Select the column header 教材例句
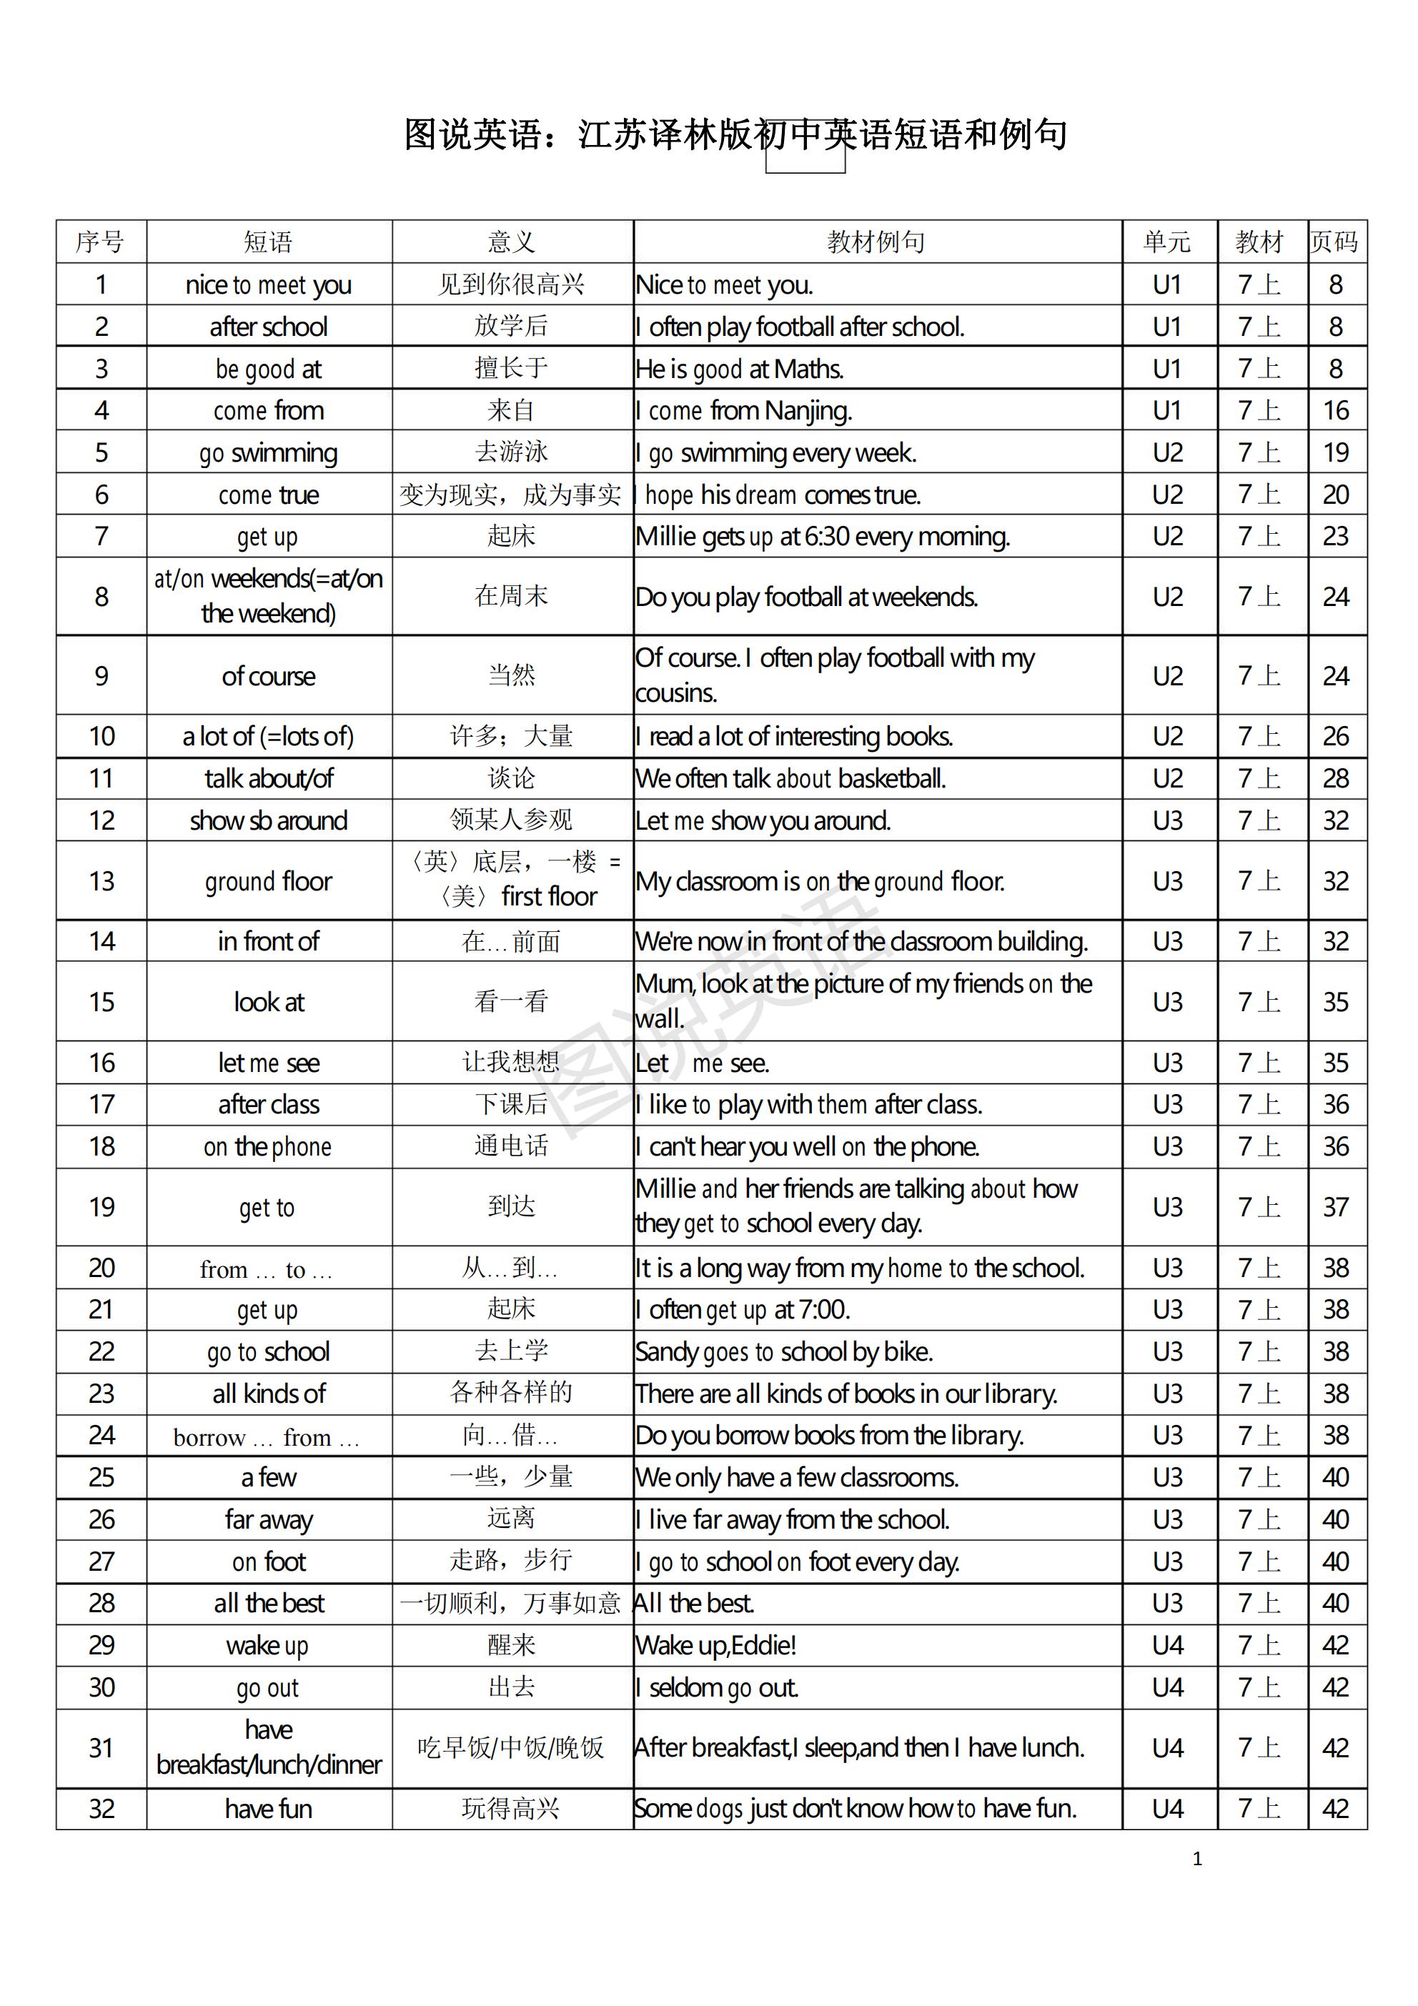tap(876, 242)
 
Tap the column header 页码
tap(1335, 242)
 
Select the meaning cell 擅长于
tap(511, 369)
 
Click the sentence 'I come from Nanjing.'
tap(743, 411)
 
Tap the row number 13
tap(101, 880)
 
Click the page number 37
tap(1335, 1206)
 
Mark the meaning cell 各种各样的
tap(511, 1393)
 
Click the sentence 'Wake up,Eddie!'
tap(715, 1645)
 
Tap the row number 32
tap(101, 1809)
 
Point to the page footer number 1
tap(1197, 1859)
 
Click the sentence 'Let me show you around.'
tap(763, 821)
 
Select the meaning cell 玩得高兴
tap(511, 1809)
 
